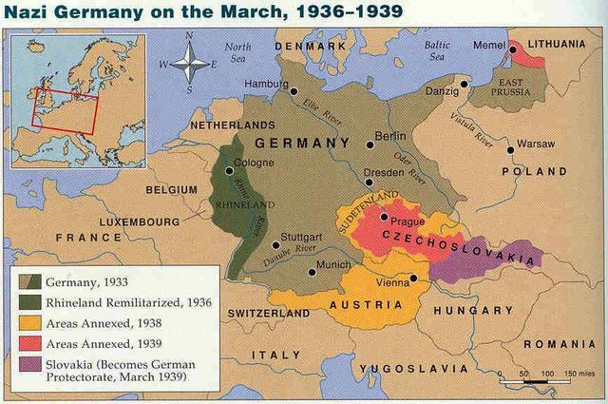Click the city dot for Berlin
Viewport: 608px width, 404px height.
point(370,145)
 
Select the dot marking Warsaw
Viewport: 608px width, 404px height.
point(510,148)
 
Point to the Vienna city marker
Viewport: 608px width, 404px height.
point(413,279)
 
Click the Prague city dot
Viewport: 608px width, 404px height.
point(384,218)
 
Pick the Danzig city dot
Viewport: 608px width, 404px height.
point(464,84)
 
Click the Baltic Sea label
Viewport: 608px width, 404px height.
point(436,49)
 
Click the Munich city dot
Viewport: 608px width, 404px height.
point(310,272)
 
